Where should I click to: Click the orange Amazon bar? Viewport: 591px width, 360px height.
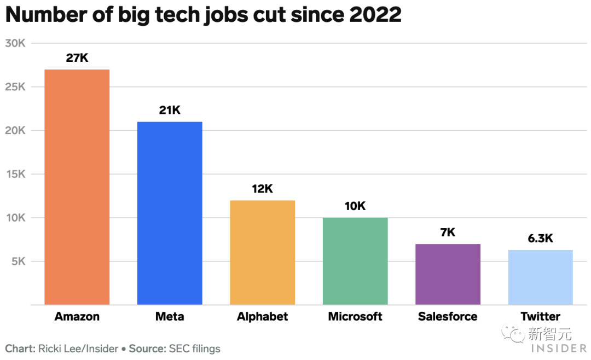(77, 187)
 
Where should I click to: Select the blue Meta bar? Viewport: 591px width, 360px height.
(170, 213)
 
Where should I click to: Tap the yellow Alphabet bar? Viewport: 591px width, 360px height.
(262, 252)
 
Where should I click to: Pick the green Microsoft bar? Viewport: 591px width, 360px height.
(355, 261)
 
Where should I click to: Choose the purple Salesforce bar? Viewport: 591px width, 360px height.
(448, 274)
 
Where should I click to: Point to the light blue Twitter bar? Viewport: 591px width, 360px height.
(540, 277)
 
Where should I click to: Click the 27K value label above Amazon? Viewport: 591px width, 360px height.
(77, 57)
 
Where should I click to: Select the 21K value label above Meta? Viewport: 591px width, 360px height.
(170, 110)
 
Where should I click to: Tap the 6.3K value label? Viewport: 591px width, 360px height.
(540, 239)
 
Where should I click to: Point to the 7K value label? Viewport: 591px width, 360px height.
(448, 233)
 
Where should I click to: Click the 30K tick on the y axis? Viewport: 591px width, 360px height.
(15, 43)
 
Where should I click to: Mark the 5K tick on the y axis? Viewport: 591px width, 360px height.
(18, 262)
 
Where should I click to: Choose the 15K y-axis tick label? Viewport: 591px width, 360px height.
(15, 174)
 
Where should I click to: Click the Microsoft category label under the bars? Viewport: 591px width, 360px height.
(355, 316)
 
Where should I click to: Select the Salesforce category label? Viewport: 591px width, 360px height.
(448, 316)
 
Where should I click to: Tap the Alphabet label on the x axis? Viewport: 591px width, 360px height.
(262, 316)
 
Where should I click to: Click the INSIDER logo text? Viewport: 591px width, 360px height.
(558, 348)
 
